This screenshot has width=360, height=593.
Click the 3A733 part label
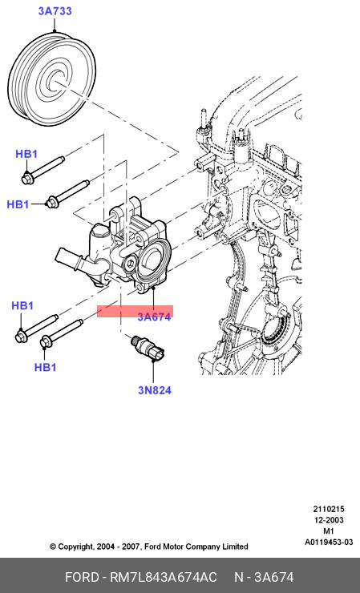[55, 11]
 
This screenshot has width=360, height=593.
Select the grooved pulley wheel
[52, 79]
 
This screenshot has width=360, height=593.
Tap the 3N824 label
[155, 390]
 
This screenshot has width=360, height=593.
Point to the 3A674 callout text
[154, 317]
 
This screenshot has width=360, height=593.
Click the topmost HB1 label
[26, 154]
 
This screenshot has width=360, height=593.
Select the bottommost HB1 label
[45, 367]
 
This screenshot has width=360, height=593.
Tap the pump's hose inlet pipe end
[62, 256]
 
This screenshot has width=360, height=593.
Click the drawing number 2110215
[329, 509]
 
